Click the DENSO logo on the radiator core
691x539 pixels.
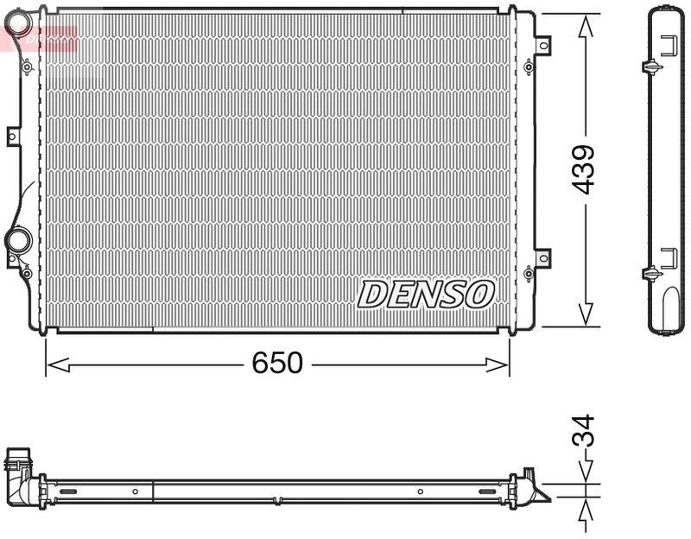tap(426, 294)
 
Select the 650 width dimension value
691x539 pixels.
tap(277, 364)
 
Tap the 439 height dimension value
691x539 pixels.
tap(585, 169)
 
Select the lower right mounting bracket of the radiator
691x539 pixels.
tap(542, 257)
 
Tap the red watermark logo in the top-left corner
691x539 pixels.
tap(39, 36)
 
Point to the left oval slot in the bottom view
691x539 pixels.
tap(66, 491)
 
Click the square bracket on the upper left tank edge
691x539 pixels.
tap(13, 136)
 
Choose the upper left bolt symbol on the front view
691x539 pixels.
tap(27, 67)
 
